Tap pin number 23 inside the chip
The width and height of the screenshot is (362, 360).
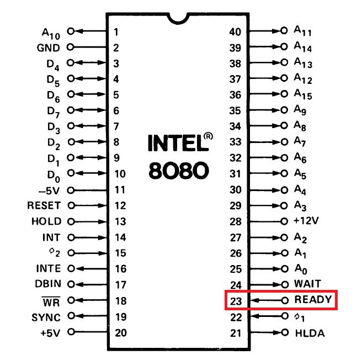pos(236,301)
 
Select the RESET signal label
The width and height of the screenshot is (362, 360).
pos(44,205)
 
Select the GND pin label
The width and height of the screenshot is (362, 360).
pos(49,47)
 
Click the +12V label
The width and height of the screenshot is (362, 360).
pos(307,221)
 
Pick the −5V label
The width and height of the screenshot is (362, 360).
pos(49,190)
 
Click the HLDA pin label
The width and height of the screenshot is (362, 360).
pos(310,333)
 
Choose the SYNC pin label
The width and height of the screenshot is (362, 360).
pos(47,317)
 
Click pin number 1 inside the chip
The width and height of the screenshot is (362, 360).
pos(116,31)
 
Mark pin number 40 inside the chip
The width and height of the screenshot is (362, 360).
pos(236,31)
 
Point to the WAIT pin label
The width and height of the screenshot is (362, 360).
pos(308,285)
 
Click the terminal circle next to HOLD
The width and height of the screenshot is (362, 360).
pos(71,221)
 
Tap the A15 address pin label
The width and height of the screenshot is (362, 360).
pos(304,96)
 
